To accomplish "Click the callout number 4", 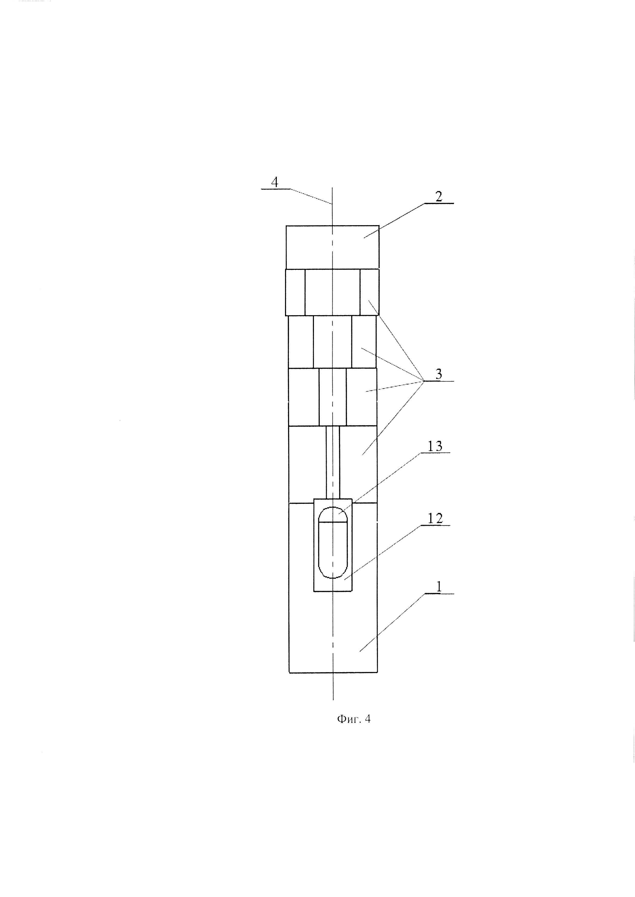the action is [275, 182].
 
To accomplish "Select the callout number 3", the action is [439, 374].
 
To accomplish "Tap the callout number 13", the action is [435, 446].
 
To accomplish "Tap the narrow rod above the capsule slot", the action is [333, 462].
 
